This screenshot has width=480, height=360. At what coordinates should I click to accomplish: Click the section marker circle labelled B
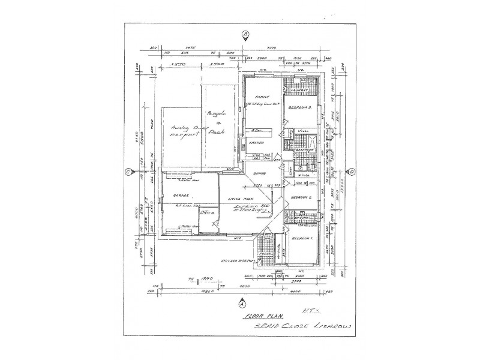tap(245, 35)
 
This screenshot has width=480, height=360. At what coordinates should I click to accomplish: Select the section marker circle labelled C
tap(128, 172)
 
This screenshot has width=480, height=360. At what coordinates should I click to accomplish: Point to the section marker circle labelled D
tap(352, 172)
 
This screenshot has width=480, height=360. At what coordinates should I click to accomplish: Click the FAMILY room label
tap(260, 97)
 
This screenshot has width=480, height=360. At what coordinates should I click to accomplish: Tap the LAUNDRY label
tap(299, 91)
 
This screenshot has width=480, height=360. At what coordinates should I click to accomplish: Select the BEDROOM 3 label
tap(299, 107)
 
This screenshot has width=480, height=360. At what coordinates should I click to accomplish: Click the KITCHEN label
tap(257, 143)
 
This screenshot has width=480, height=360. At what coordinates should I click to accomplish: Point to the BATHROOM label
tap(306, 150)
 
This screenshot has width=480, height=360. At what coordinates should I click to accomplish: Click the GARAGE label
tap(181, 196)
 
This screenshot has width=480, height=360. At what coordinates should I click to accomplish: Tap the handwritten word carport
tap(184, 136)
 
